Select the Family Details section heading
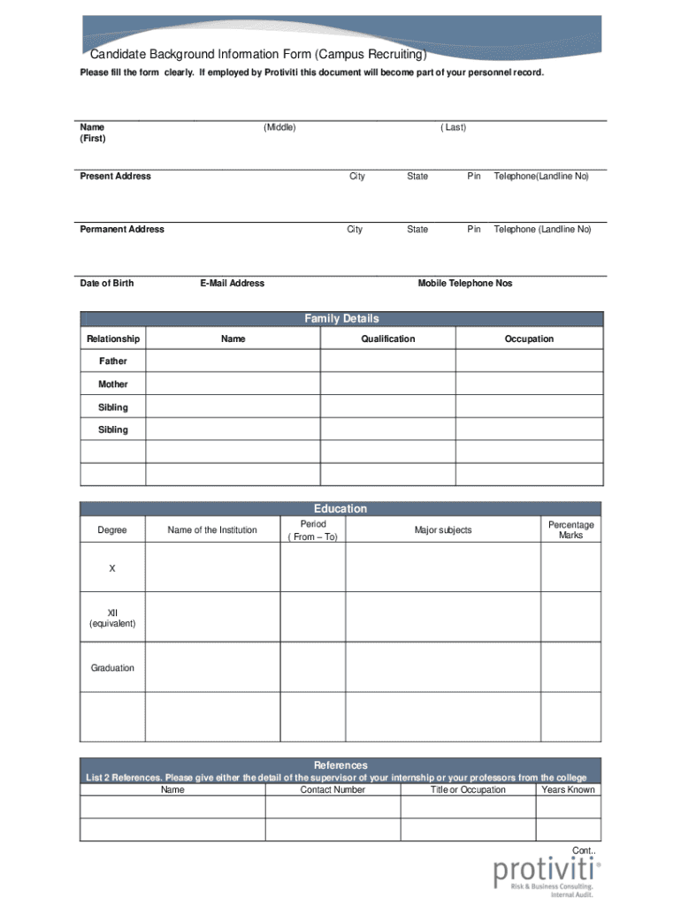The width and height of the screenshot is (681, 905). [341, 319]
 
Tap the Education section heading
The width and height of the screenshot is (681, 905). [340, 509]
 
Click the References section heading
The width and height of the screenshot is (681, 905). [340, 765]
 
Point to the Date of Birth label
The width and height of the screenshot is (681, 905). [107, 284]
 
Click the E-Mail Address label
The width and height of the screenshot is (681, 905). [232, 284]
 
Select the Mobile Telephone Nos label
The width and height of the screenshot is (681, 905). [464, 284]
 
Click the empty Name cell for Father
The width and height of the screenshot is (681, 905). [233, 361]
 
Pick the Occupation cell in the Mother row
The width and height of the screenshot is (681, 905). [529, 384]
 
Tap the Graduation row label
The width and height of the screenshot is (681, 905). [112, 668]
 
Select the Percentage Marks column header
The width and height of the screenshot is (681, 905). [570, 530]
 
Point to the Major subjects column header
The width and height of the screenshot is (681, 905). [443, 530]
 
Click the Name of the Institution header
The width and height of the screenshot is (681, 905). [212, 530]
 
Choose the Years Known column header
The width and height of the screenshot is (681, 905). [568, 790]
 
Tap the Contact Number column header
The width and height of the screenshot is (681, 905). [333, 790]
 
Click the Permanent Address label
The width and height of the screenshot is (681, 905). [122, 230]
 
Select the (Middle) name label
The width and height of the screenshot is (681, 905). [279, 128]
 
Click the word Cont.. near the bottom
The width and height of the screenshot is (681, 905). [584, 850]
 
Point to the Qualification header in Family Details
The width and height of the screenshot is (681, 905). [387, 339]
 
